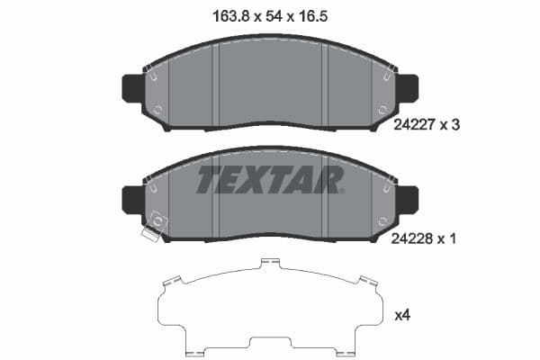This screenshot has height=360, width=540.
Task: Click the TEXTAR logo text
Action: [269, 179]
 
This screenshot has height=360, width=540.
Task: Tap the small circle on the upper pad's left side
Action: [158, 112]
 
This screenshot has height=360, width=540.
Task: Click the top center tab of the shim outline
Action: [264, 264]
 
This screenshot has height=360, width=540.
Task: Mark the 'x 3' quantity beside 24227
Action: [450, 127]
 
